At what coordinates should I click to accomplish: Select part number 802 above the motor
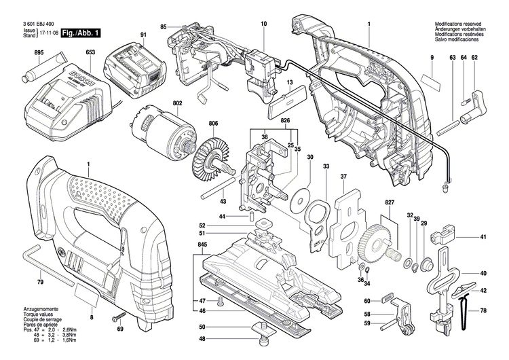[159, 104]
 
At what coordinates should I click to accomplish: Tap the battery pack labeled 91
[136, 67]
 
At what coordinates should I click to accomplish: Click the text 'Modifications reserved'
[460, 25]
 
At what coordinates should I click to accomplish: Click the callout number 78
[483, 311]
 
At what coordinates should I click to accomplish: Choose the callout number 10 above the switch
[264, 24]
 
